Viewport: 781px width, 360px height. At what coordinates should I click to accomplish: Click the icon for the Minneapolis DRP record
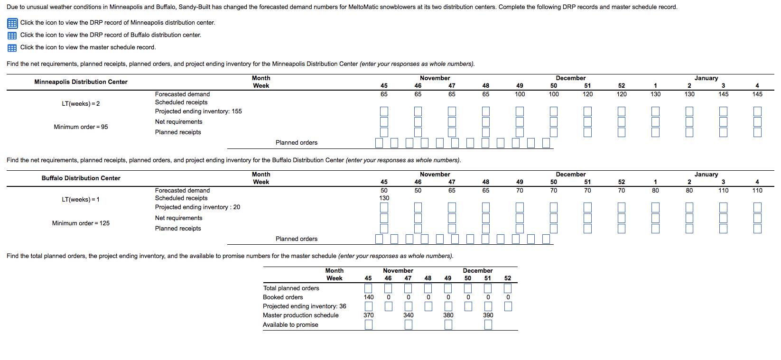[x=12, y=23]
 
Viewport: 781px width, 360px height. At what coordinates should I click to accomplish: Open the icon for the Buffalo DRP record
[x=12, y=36]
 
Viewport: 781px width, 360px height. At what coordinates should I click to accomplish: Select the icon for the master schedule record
[x=12, y=48]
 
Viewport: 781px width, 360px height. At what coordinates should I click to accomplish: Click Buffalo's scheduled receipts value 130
[x=384, y=198]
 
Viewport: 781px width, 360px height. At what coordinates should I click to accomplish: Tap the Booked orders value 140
[x=369, y=297]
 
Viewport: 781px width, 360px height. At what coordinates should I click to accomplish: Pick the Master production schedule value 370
[x=369, y=315]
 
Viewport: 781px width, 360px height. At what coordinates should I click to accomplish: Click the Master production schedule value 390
[x=488, y=315]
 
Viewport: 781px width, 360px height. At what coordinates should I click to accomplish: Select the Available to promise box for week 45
[x=369, y=325]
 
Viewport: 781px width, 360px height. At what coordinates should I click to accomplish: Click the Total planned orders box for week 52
[x=508, y=288]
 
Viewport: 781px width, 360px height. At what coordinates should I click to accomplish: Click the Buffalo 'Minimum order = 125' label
[x=81, y=223]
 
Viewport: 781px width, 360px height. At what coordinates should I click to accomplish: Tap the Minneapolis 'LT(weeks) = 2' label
[x=81, y=104]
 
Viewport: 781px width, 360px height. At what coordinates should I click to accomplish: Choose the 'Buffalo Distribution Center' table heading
[x=81, y=178]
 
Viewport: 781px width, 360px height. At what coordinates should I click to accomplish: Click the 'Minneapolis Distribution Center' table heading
[x=81, y=82]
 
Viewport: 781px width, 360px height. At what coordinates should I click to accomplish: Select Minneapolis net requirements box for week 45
[x=384, y=122]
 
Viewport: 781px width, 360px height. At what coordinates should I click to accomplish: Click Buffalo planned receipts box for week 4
[x=757, y=229]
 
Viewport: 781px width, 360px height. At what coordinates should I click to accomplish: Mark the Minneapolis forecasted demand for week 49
[x=520, y=94]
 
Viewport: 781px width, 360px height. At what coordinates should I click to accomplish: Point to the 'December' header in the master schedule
[x=477, y=271]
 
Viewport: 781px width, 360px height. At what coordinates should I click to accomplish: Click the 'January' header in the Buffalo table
[x=706, y=175]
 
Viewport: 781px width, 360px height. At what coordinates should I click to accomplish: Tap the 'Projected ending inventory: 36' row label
[x=304, y=306]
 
